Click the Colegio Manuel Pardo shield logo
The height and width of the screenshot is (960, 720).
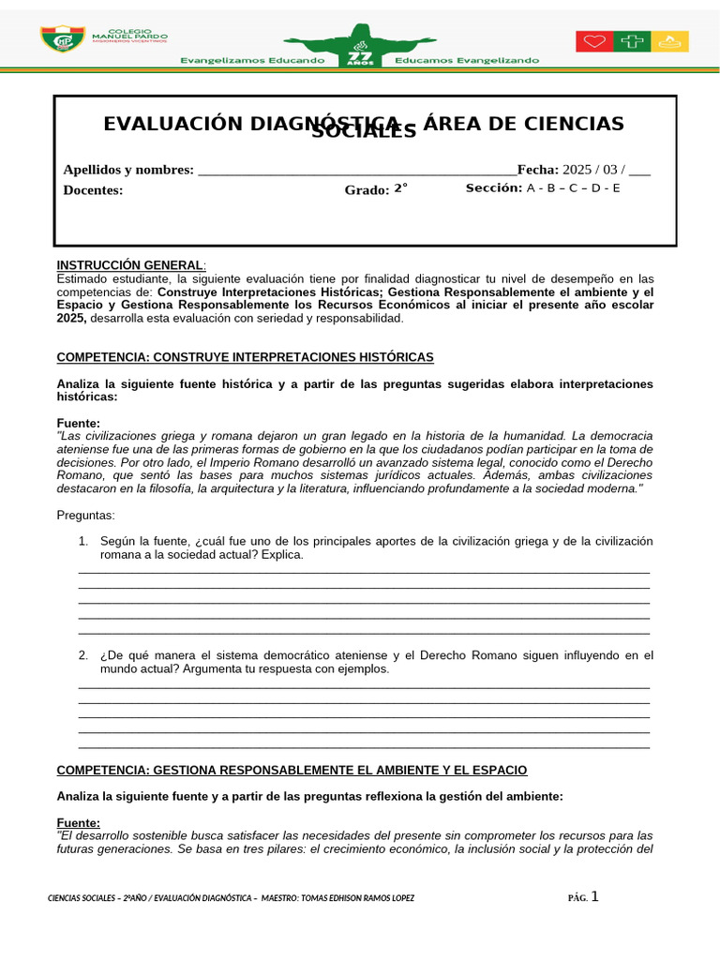pos(62,40)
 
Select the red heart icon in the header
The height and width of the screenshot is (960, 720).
pos(593,41)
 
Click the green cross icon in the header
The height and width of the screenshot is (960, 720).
pos(632,41)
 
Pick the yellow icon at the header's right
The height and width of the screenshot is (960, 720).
pos(670,41)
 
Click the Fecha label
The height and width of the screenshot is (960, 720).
pos(537,170)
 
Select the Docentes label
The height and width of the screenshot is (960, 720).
pos(93,190)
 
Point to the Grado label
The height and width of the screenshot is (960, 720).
pos(366,190)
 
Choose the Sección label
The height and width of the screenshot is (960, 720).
pos(493,188)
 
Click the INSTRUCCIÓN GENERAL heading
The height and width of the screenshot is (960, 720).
pos(129,265)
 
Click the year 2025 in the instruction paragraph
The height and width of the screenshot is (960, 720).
pos(71,319)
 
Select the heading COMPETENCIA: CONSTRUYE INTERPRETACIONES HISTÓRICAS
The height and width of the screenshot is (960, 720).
pos(245,358)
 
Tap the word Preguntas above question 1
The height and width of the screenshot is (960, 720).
pos(85,516)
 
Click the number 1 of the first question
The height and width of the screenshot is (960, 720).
pos(82,542)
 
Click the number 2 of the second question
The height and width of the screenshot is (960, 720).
pos(82,655)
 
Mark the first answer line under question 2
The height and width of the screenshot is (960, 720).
pos(364,686)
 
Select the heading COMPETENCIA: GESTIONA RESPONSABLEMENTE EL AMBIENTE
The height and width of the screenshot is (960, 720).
pos(292,771)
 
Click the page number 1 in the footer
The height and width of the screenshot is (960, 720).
pos(593,896)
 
